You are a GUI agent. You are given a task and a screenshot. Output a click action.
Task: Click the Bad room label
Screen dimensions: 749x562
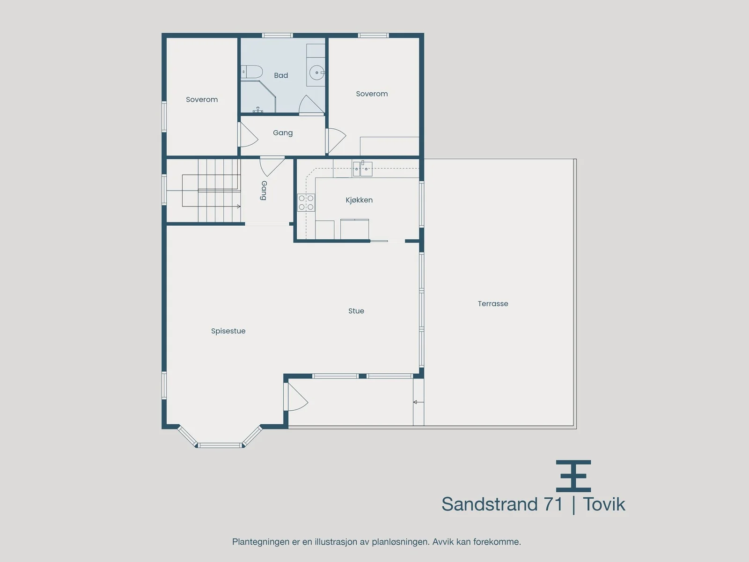[x=281, y=75]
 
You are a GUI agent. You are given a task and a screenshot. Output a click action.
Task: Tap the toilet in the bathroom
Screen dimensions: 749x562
[x=252, y=72]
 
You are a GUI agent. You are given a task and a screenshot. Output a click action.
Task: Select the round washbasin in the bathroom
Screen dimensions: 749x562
[x=317, y=72]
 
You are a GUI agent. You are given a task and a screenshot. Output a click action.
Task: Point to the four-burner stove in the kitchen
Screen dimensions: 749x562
[x=306, y=202]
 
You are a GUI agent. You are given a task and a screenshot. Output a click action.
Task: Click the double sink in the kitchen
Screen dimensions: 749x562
[x=362, y=169]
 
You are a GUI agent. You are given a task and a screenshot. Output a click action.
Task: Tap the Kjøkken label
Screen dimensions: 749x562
[x=359, y=200]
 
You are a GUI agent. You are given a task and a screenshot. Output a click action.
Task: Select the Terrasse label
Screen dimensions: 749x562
[x=493, y=303]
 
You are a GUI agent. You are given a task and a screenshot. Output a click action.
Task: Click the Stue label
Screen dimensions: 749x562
[x=356, y=311]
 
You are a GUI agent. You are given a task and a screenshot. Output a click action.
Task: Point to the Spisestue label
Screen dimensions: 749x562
[x=228, y=331]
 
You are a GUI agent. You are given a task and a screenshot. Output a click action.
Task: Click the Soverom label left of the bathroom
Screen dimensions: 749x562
[x=202, y=100]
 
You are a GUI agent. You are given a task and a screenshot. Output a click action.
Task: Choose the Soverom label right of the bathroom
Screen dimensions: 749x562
[x=372, y=94]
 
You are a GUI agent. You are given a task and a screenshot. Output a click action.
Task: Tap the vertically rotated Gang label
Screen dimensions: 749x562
[x=264, y=191]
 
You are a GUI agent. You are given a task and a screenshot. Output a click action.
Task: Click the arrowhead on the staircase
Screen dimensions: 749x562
[x=239, y=207]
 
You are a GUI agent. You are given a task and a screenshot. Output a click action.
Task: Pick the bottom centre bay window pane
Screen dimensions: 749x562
[x=220, y=445]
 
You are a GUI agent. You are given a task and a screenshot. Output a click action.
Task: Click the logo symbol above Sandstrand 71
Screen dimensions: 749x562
[x=573, y=476]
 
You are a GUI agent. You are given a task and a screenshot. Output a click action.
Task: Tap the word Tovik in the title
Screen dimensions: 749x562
[x=603, y=504]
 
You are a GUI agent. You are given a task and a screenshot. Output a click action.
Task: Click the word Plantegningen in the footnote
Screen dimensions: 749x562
[x=261, y=542]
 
